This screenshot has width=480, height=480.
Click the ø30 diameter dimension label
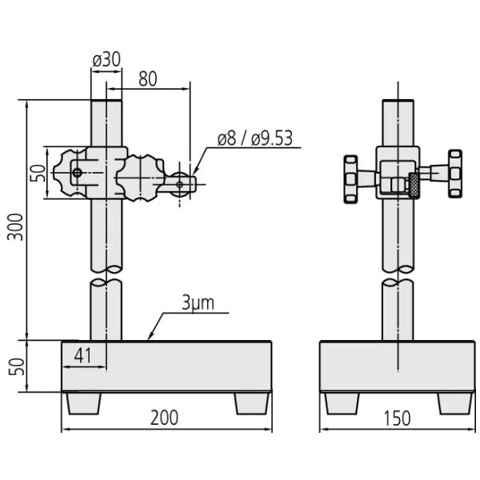pyautogui.click(x=107, y=60)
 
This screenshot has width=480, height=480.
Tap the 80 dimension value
pyautogui.click(x=148, y=79)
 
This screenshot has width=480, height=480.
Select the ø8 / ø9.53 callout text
pyautogui.click(x=255, y=138)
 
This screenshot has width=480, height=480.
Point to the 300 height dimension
pyautogui.click(x=15, y=227)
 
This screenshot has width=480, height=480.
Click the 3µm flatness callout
pyautogui.click(x=198, y=302)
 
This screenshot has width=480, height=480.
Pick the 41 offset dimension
pyautogui.click(x=82, y=356)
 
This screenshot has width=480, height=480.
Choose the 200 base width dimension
pyautogui.click(x=164, y=418)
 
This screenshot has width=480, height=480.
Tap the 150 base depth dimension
pyautogui.click(x=397, y=418)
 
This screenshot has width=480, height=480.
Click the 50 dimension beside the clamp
pyautogui.click(x=38, y=173)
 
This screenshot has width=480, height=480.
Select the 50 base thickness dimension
pyautogui.click(x=16, y=366)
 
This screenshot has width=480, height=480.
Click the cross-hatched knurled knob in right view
pyautogui.click(x=414, y=185)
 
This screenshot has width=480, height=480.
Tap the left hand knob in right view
pyautogui.click(x=351, y=179)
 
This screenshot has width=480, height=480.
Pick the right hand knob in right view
pyautogui.click(x=455, y=174)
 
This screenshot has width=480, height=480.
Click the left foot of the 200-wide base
pyautogui.click(x=84, y=403)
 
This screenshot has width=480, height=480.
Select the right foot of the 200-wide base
pyautogui.click(x=252, y=403)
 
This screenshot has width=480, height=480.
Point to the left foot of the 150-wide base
pyautogui.click(x=342, y=403)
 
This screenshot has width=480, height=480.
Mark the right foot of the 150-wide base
pyautogui.click(x=455, y=403)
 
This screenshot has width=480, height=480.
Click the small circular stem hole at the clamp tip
pyautogui.click(x=180, y=185)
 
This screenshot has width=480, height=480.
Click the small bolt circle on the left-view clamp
pyautogui.click(x=77, y=173)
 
